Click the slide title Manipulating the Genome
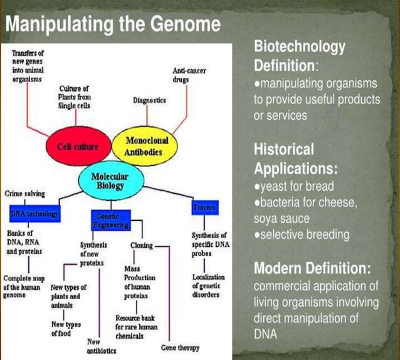point(113,24)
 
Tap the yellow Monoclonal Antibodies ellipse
point(144,147)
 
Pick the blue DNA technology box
point(34,214)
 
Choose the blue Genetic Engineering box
point(109,220)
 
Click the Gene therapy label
point(181,347)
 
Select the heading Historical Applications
point(296,159)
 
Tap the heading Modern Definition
point(312,268)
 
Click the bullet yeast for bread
point(292,186)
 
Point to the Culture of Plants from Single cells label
point(75,98)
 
